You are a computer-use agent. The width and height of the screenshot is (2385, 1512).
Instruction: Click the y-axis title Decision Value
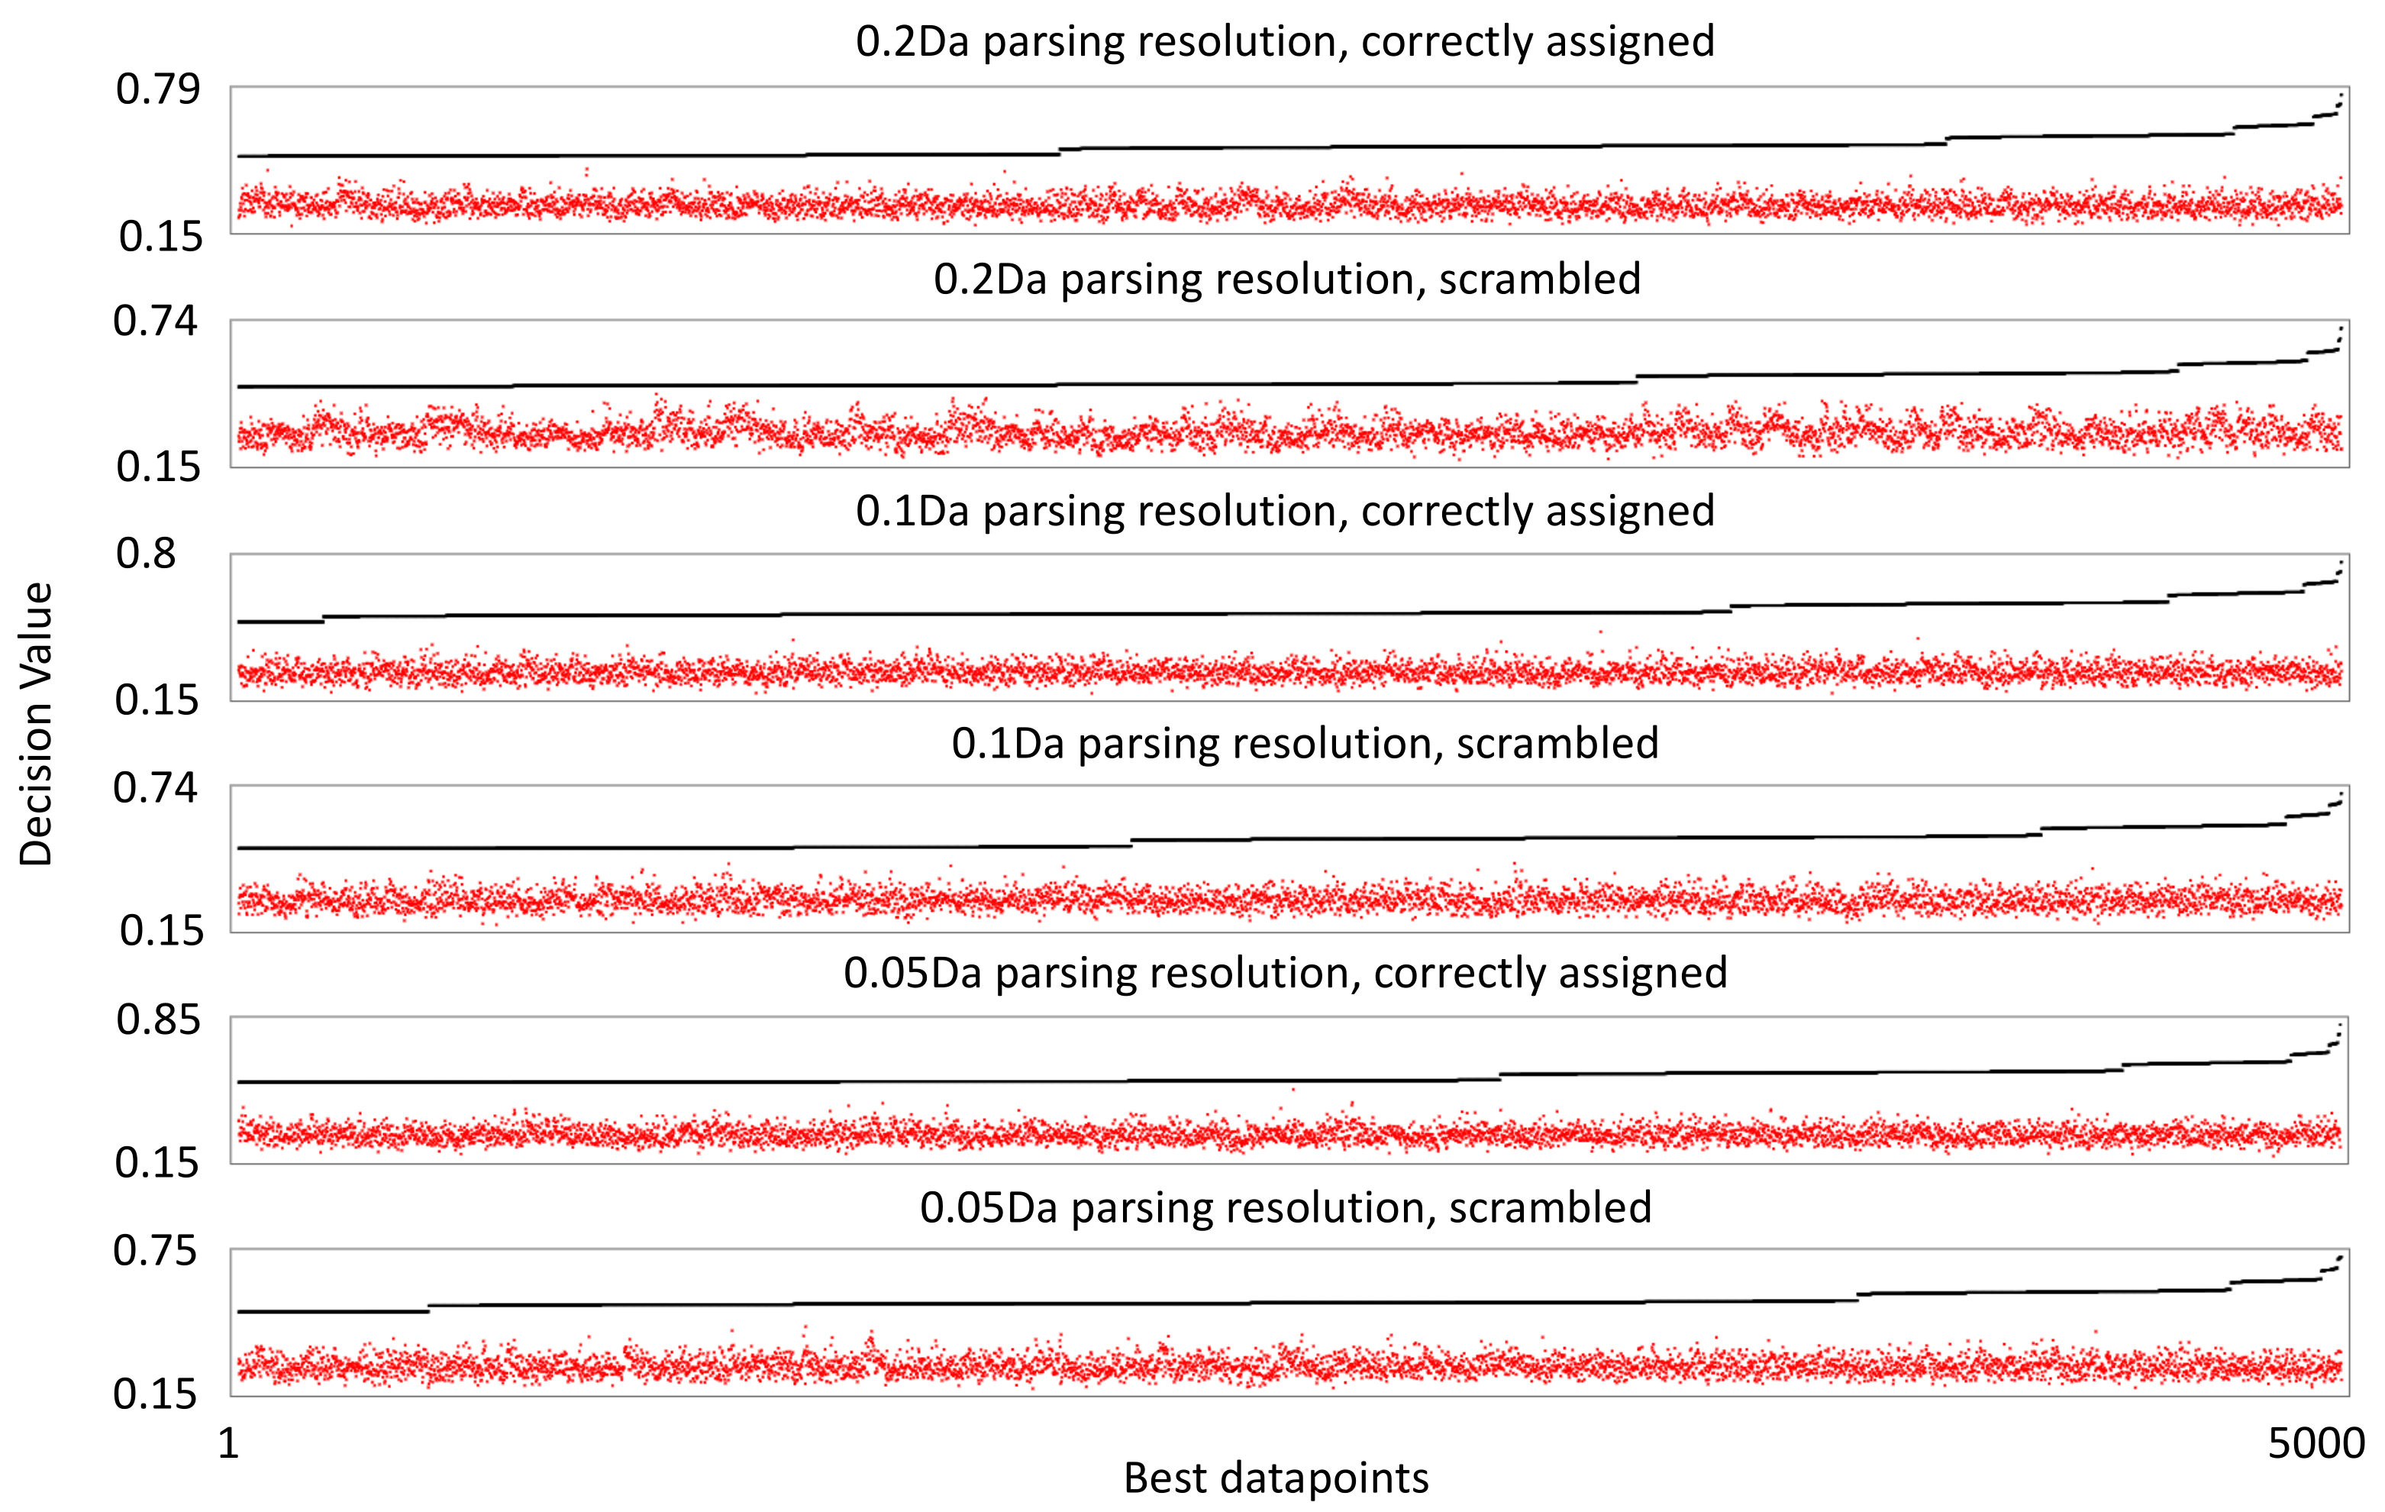click(x=37, y=724)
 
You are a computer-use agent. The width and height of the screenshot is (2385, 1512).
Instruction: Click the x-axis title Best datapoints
click(x=1276, y=1478)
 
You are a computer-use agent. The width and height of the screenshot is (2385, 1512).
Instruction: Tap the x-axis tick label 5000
click(x=2316, y=1443)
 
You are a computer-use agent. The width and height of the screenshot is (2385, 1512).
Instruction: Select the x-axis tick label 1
click(x=229, y=1443)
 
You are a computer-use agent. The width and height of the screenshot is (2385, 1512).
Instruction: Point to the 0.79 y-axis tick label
click(x=157, y=89)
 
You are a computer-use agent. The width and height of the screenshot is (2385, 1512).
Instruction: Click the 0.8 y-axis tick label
click(x=147, y=553)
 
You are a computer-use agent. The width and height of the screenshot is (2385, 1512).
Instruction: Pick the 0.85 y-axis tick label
click(x=157, y=1019)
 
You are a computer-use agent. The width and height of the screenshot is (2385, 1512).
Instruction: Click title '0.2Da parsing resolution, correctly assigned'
click(x=1285, y=41)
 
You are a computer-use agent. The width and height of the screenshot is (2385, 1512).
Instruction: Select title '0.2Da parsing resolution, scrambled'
click(x=1286, y=279)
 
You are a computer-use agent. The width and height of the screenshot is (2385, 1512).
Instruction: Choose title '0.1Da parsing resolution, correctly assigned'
click(x=1285, y=512)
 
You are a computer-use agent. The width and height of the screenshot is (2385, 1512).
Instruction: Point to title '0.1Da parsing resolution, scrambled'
click(x=1305, y=743)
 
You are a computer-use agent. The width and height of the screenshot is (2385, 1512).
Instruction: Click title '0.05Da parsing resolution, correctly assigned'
click(x=1285, y=973)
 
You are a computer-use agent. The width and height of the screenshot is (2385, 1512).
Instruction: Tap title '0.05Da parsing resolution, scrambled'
click(x=1286, y=1208)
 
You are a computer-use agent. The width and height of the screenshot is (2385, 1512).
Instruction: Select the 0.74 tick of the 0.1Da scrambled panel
click(x=156, y=788)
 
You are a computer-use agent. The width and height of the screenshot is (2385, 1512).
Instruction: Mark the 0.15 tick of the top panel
click(x=160, y=236)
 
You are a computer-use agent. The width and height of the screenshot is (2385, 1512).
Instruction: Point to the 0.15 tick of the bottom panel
click(x=156, y=1394)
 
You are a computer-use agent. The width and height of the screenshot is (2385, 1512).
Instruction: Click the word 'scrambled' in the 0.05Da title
click(x=1550, y=1208)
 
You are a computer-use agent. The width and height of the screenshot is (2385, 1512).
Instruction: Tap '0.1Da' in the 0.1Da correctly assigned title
click(x=912, y=512)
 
